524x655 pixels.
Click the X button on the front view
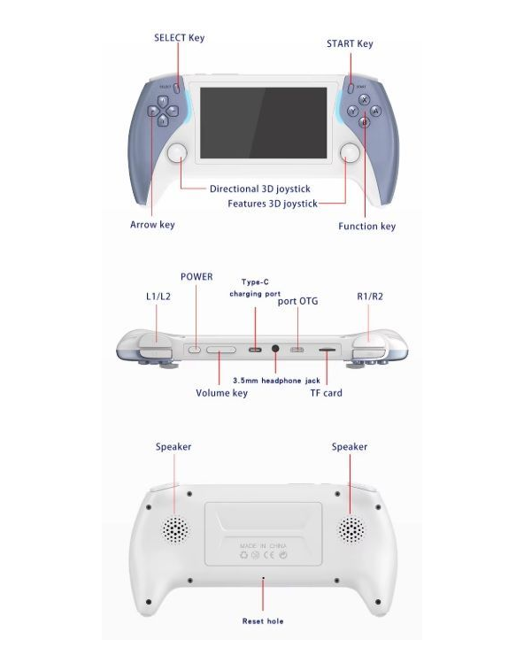[365, 100]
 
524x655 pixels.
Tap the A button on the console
[375, 112]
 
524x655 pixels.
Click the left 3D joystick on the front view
[177, 153]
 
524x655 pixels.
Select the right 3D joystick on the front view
[350, 153]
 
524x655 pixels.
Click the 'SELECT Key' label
[180, 37]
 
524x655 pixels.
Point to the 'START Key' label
[350, 43]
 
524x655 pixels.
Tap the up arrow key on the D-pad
[163, 101]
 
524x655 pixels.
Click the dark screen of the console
[263, 123]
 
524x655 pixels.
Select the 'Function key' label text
[366, 226]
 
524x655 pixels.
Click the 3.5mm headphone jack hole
[275, 349]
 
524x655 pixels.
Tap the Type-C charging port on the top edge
[255, 350]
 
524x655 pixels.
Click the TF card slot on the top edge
[327, 350]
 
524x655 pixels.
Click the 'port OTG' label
[298, 301]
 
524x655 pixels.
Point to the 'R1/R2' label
[370, 297]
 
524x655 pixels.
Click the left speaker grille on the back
[175, 529]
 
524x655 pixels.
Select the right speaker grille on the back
[351, 529]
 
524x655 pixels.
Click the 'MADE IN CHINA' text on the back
[263, 545]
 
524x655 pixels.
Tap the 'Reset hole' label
[263, 621]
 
